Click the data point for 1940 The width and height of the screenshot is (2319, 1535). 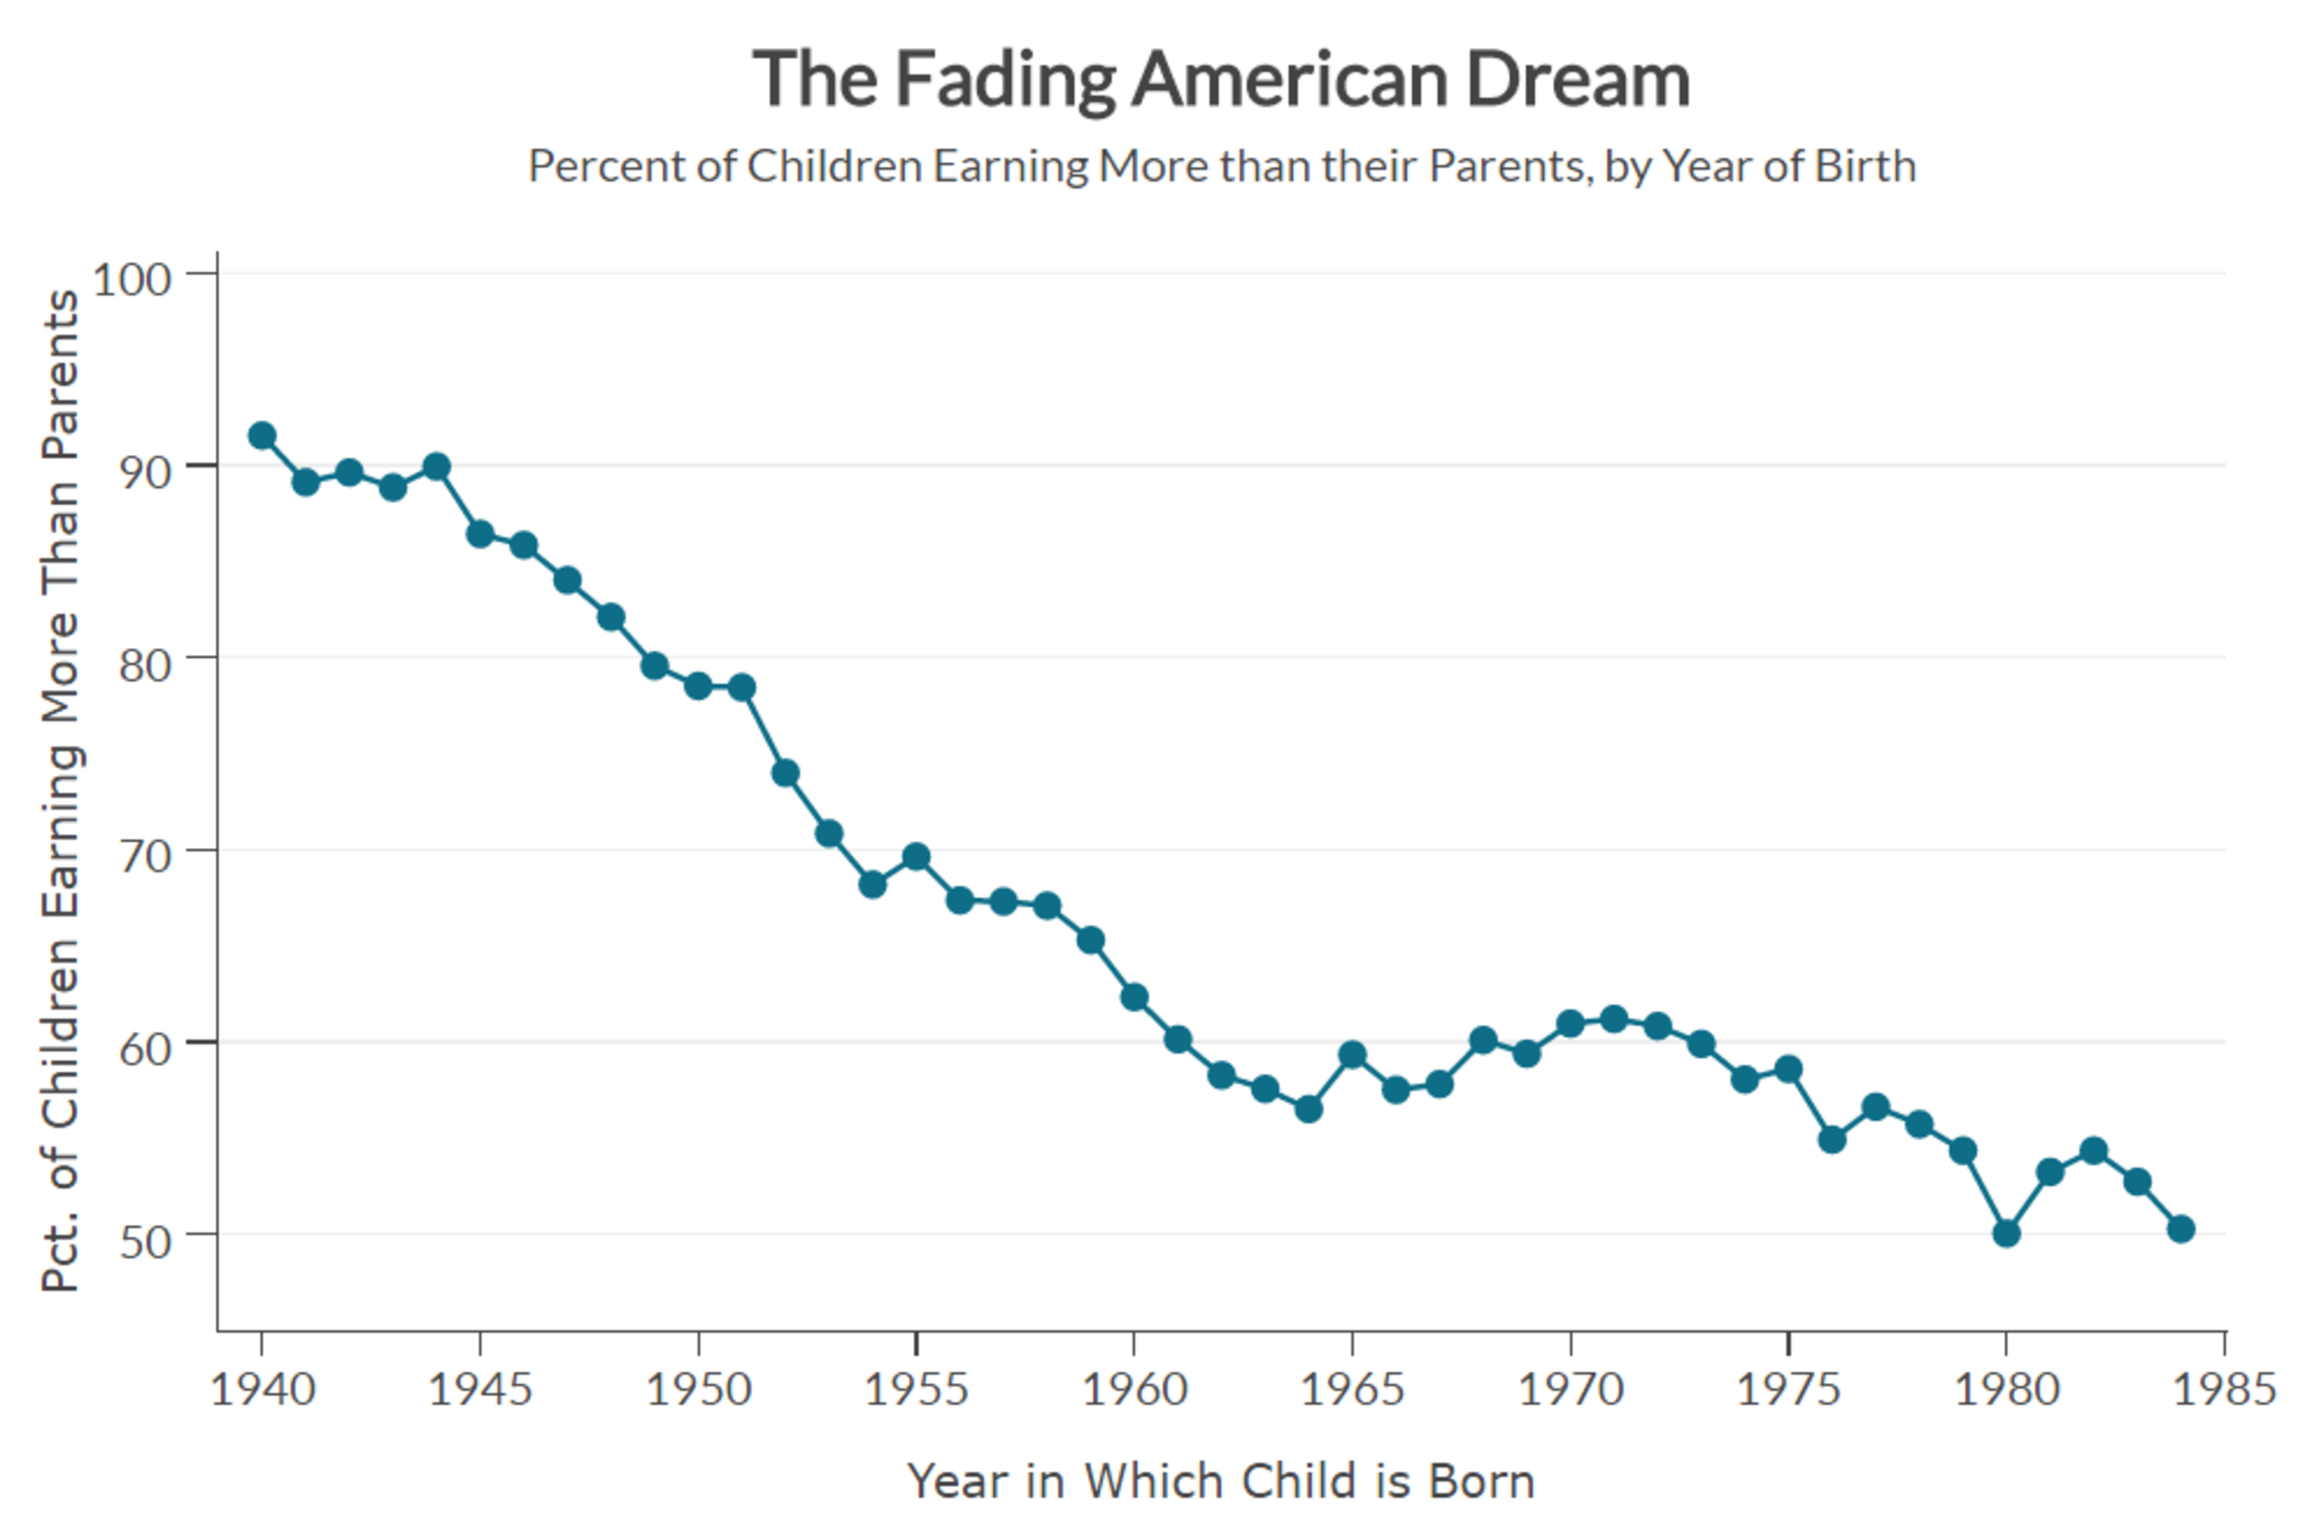[x=261, y=436]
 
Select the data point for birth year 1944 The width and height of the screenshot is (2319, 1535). [x=437, y=467]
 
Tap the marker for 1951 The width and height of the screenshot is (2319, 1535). [x=742, y=687]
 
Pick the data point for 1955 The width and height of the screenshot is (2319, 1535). [x=916, y=858]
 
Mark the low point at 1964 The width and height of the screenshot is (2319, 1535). [x=1308, y=1109]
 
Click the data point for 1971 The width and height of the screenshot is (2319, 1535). [x=1615, y=1019]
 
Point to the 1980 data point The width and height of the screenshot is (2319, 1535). [x=2007, y=1234]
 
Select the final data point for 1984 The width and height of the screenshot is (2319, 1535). [x=2181, y=1229]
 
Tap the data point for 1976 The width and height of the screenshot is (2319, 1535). [x=1832, y=1140]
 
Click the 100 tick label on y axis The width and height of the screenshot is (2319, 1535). [x=132, y=280]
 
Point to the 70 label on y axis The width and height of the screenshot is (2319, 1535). [x=145, y=857]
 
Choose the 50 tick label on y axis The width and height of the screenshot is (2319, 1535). [x=145, y=1242]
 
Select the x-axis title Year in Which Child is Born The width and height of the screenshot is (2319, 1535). [x=1220, y=1481]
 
